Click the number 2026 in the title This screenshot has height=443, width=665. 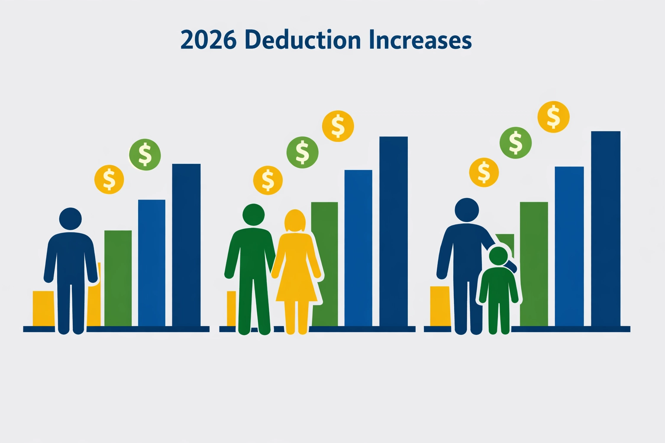208,40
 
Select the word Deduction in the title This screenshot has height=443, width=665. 302,40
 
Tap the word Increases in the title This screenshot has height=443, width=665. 420,40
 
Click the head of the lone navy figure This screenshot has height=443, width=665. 71,219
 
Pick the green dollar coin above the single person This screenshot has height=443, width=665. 145,154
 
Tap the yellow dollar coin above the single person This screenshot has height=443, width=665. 109,179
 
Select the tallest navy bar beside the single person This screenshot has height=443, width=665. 186,244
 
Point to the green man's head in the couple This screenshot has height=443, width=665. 253,215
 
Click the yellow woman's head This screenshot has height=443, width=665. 295,221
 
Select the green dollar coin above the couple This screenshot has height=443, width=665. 302,152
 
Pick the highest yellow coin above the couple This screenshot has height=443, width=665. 338,126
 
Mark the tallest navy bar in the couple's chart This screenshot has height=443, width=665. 394,231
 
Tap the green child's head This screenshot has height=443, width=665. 498,256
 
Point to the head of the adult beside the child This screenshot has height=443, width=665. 467,210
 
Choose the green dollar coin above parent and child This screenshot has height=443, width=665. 515,143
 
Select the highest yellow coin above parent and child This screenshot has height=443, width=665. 553,117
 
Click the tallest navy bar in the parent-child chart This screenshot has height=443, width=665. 605,228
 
